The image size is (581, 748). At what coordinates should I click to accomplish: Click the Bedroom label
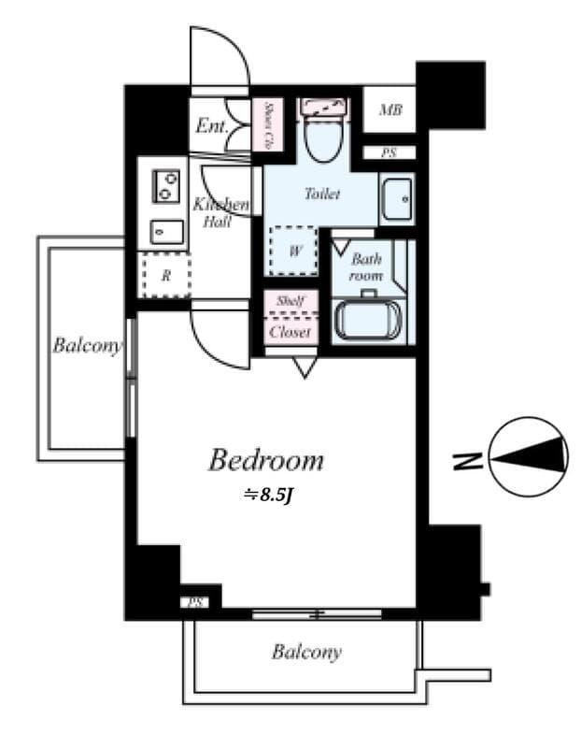point(266,460)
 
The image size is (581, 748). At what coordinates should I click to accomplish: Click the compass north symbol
point(529,456)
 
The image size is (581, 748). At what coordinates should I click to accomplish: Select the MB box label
point(390,111)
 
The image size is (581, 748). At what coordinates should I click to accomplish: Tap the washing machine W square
point(295,251)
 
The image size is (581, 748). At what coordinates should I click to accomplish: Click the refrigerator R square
point(165,275)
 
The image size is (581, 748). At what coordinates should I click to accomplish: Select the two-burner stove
point(166,187)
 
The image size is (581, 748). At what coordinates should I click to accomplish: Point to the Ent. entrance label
point(212,125)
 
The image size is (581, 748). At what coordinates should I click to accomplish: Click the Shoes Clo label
point(268,125)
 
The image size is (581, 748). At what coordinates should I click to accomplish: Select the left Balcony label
point(87,346)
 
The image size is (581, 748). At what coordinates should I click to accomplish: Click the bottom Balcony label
point(306,652)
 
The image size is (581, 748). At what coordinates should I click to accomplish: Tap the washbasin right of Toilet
point(397,198)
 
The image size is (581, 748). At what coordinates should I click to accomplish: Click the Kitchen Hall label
point(220,213)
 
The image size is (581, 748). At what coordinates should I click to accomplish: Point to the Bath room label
point(366,269)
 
